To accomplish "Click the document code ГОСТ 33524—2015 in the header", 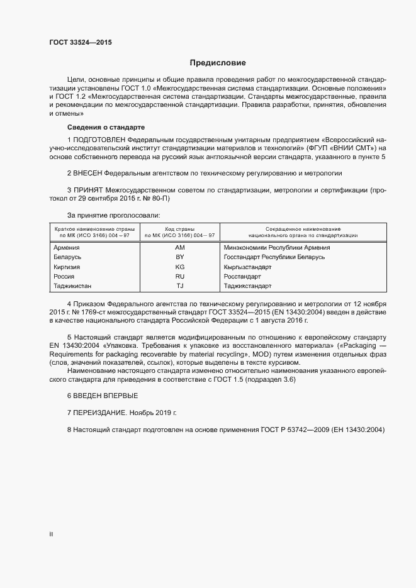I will tap(81, 43).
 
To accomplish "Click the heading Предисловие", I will tap(218, 63).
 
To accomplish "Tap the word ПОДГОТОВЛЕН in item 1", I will tap(99, 138).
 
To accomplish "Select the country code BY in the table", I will tap(179, 257).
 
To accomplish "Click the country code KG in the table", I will tap(179, 267).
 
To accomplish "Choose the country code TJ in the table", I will tap(179, 286).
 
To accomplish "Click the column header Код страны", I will tap(179, 229).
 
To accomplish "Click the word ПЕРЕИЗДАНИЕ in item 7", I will tap(101, 413).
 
